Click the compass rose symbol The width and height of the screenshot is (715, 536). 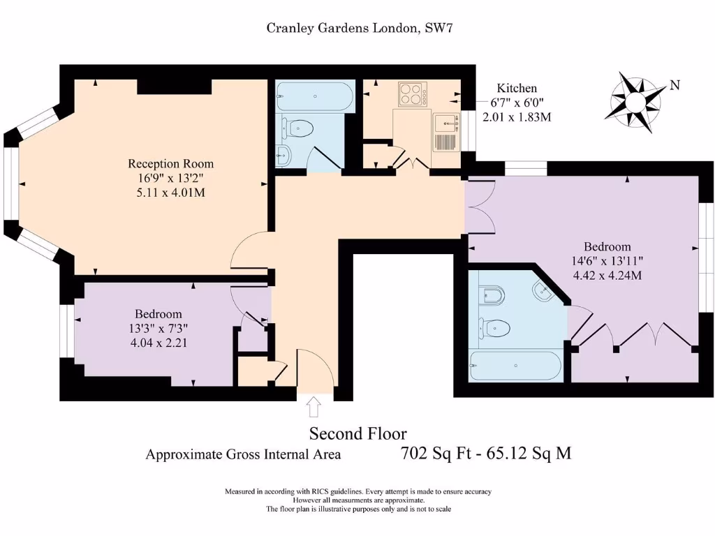635,102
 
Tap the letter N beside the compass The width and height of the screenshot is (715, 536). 675,86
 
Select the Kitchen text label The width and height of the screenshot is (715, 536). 517,88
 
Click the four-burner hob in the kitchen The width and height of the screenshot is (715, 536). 413,94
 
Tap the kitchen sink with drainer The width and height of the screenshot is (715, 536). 445,133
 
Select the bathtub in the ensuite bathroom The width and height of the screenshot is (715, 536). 515,366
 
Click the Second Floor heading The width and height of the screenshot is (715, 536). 357,433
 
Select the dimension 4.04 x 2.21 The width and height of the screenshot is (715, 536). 159,343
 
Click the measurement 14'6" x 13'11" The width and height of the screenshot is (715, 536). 607,261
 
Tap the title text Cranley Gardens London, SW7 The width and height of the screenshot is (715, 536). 362,28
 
